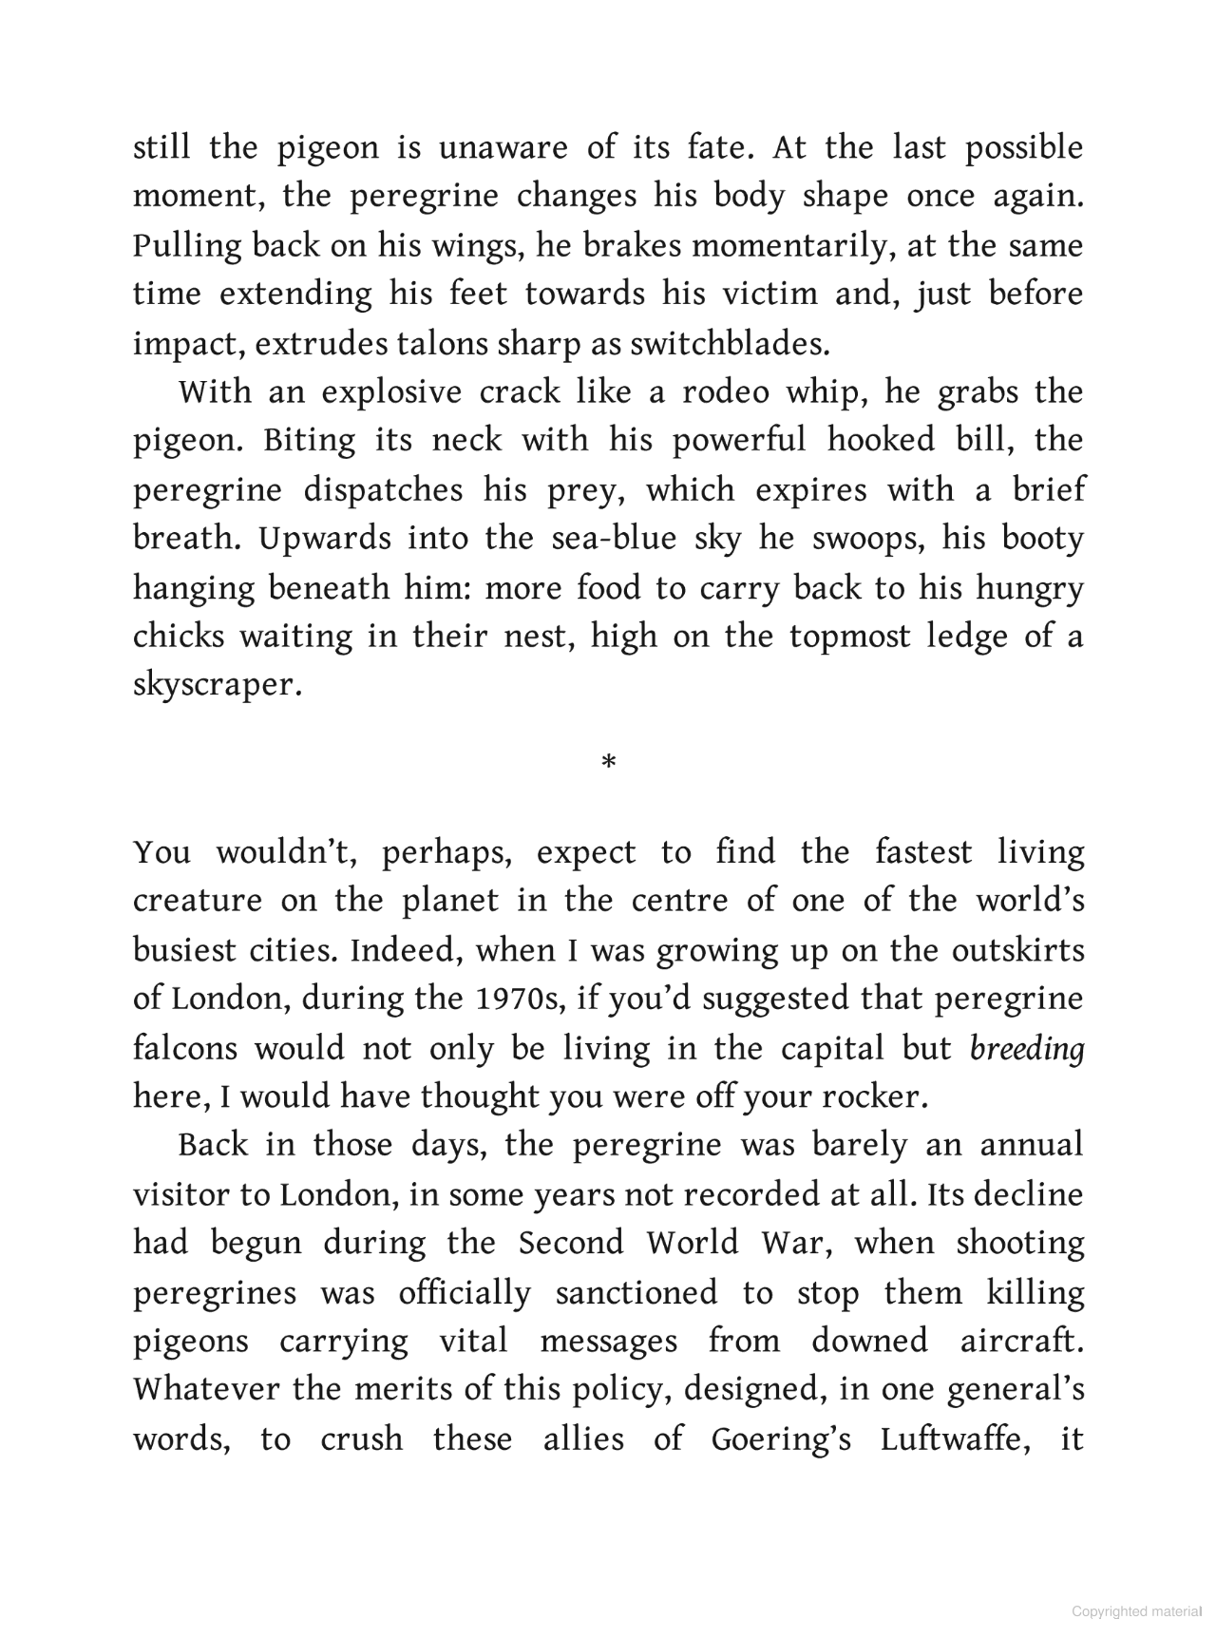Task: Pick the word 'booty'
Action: coord(1042,539)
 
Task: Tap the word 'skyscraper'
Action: coord(216,686)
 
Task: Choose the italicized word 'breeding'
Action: coord(1027,1048)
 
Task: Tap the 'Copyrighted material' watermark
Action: coord(1136,1611)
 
